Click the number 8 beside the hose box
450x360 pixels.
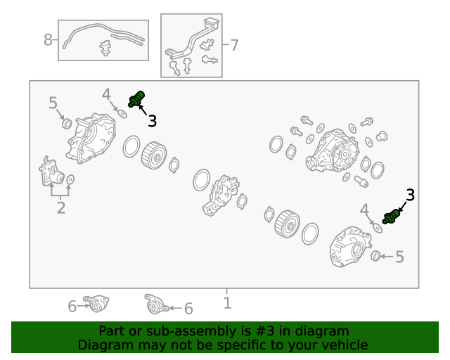coord(48,39)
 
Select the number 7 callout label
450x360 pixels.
coord(234,45)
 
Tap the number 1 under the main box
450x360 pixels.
coord(227,303)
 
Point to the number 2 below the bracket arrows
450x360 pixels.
coord(61,207)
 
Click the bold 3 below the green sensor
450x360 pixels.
coord(152,121)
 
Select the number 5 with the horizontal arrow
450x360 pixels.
coord(399,257)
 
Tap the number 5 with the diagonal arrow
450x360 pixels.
coord(53,103)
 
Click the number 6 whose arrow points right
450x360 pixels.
coord(72,307)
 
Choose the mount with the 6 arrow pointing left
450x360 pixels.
coord(156,304)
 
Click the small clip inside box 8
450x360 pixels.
coord(105,48)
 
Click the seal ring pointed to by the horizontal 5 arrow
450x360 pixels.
coord(375,256)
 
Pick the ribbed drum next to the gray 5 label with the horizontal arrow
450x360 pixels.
coord(288,224)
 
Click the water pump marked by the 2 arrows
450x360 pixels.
coord(51,172)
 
